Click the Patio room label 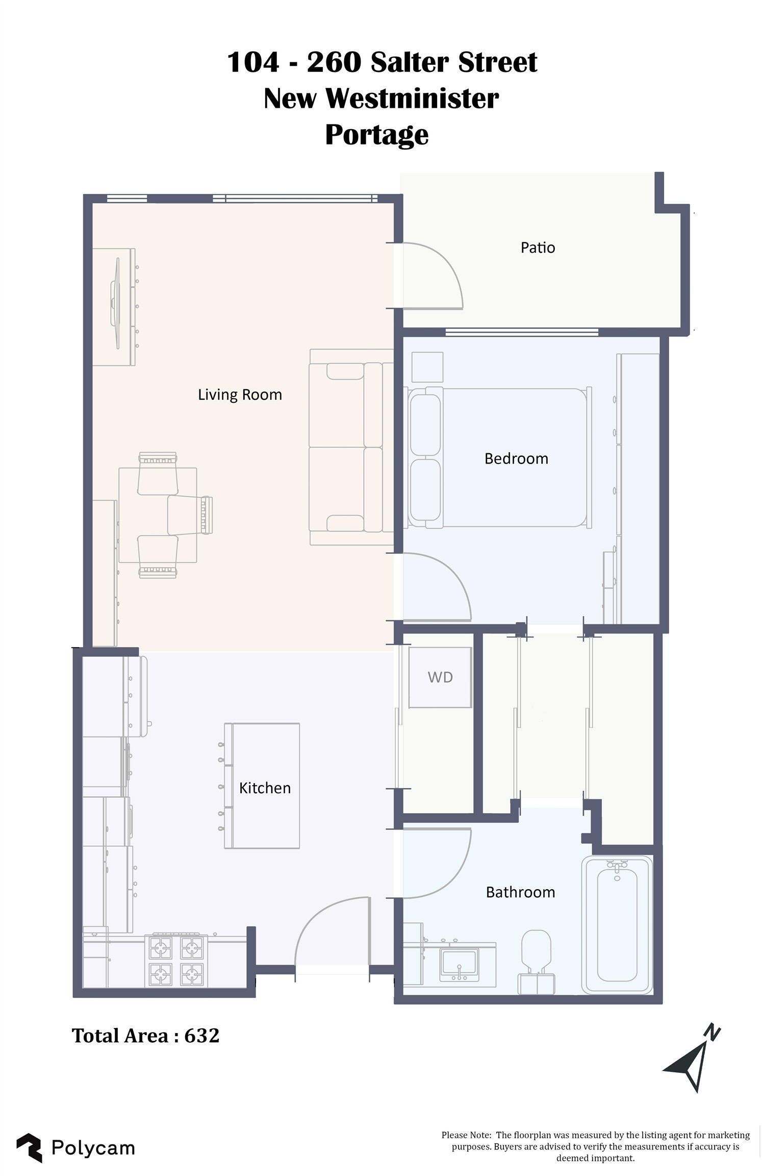[x=538, y=248]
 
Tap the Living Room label [x=240, y=395]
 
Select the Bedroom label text [x=516, y=458]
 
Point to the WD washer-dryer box [x=440, y=677]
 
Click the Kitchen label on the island [x=265, y=788]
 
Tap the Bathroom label [x=520, y=892]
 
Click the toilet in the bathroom [x=536, y=962]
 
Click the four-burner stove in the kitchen [x=176, y=961]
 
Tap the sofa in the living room [x=351, y=447]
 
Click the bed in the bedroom [x=500, y=457]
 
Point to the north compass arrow [x=692, y=1062]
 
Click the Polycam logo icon [x=30, y=1148]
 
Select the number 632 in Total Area [x=201, y=1036]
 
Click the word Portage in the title [x=377, y=135]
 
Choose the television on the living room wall [x=115, y=303]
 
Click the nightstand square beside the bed [x=427, y=367]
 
